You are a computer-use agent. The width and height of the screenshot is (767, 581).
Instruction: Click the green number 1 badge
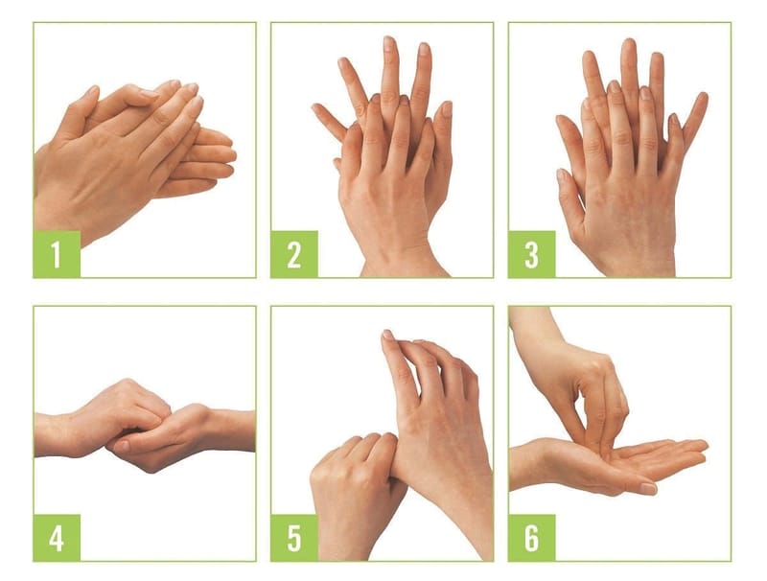point(57,254)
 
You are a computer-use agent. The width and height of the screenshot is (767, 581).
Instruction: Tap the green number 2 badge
point(294,254)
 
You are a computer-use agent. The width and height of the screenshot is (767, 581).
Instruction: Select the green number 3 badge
point(532,254)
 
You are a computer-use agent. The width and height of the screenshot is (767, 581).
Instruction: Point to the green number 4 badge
point(57,538)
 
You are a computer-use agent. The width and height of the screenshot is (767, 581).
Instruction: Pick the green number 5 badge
point(294,538)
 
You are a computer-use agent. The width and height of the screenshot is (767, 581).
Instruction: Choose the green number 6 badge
point(532,538)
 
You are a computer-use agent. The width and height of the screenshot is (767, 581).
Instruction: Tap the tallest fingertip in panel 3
point(629,44)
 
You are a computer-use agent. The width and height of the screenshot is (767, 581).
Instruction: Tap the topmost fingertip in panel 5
point(387,335)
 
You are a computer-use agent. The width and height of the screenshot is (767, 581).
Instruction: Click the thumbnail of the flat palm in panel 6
point(648,488)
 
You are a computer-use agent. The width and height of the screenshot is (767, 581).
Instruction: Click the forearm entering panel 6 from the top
point(533,328)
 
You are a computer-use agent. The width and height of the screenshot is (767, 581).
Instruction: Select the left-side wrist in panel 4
point(54,435)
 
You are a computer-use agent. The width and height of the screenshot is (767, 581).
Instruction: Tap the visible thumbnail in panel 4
point(122,446)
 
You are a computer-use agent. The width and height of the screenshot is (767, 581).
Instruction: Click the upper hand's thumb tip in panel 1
point(92,90)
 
